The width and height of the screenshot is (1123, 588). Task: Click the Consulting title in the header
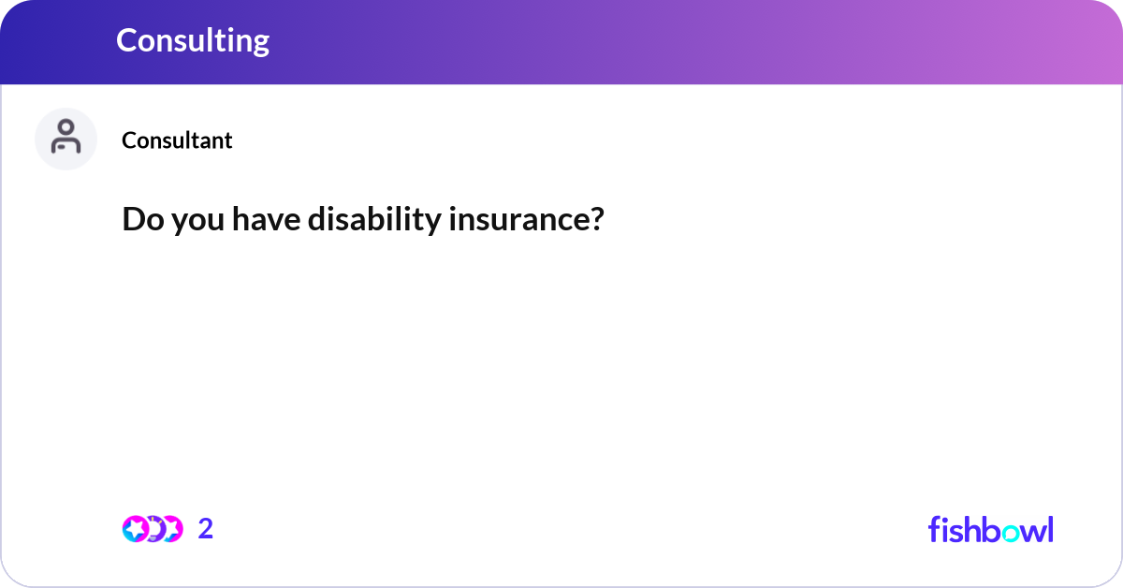193,40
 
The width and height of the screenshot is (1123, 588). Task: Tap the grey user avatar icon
66,139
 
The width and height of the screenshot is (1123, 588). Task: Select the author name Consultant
177,140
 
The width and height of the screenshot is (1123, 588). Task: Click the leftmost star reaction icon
135,529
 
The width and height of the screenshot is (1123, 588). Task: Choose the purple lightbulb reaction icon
153,529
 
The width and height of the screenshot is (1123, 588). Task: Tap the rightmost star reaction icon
171,529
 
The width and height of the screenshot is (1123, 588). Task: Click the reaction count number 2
206,529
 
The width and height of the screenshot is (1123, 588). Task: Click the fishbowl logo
990,529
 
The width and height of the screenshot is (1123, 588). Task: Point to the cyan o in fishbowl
1010,531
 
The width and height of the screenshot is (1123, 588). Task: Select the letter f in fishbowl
933,529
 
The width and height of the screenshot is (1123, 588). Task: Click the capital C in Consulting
127,40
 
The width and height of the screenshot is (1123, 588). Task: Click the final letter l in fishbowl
1050,529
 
